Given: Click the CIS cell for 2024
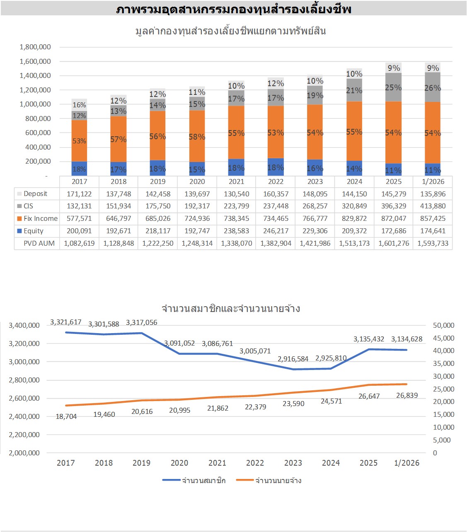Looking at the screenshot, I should pos(354,206).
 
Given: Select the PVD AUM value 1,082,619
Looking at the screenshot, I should pos(79,243).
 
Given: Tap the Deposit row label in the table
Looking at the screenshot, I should pos(35,193).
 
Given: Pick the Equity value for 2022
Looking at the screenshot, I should pos(276,231).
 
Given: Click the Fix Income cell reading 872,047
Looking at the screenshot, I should pos(394,218).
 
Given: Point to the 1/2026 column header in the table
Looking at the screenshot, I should pos(433,181).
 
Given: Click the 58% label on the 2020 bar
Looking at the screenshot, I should pos(197,137).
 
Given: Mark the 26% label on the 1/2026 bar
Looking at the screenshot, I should pos(433,88).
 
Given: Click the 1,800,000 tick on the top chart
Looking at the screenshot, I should pos(35,47).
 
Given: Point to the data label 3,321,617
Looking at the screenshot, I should pos(66,322).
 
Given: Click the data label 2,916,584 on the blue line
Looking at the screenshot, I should pos(293,359).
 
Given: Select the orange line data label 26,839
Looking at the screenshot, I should pos(407,395).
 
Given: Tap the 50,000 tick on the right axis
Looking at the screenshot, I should pos(443,325).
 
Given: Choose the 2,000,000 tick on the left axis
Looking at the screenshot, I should pos(24,453).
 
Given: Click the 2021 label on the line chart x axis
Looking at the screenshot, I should pos(217,463).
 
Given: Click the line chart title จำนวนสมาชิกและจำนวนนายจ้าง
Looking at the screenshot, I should pos(231,309).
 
